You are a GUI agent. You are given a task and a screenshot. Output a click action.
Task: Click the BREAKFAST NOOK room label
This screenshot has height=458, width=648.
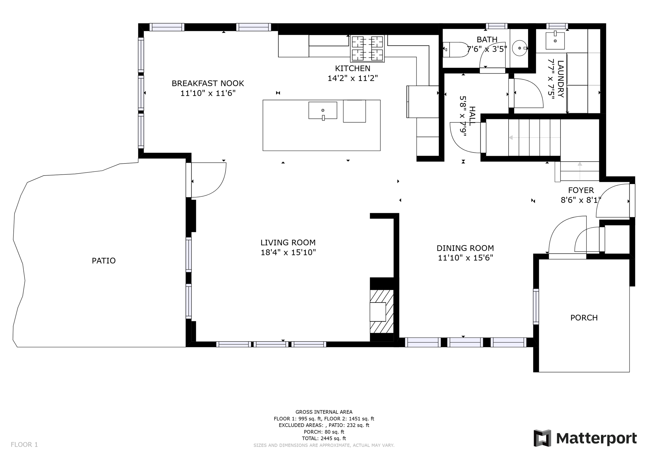[x=208, y=84]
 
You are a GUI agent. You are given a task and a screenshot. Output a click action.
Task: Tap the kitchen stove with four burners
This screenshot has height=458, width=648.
[x=367, y=48]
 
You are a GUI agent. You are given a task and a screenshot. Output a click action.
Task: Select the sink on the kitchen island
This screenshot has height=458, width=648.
[x=323, y=110]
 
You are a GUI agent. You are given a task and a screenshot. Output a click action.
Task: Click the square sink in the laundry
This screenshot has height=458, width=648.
[x=555, y=41]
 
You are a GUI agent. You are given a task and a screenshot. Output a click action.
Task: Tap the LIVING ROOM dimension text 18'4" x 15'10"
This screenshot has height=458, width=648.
[x=288, y=252]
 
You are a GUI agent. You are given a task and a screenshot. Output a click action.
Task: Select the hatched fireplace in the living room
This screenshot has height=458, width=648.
[x=382, y=312]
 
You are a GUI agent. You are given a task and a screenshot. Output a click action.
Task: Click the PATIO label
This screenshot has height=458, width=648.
[x=104, y=261]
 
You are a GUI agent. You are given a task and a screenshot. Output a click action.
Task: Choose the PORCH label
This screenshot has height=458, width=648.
[x=584, y=318]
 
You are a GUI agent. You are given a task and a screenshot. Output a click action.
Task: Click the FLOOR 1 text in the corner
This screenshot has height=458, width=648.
[x=24, y=444]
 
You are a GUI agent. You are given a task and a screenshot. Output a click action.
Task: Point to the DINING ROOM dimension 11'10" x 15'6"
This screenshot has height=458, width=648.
[x=465, y=258]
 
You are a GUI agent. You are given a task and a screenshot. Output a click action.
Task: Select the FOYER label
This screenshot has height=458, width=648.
[x=581, y=190]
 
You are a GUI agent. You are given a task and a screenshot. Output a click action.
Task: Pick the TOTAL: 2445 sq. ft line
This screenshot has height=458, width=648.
[x=324, y=438]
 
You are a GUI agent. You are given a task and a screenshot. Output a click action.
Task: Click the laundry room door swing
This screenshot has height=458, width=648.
[x=527, y=93]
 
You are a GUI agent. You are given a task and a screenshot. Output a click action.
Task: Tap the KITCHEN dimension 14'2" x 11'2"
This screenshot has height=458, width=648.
[x=352, y=78]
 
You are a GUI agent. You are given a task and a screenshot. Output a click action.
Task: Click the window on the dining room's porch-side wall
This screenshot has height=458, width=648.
[x=536, y=306]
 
